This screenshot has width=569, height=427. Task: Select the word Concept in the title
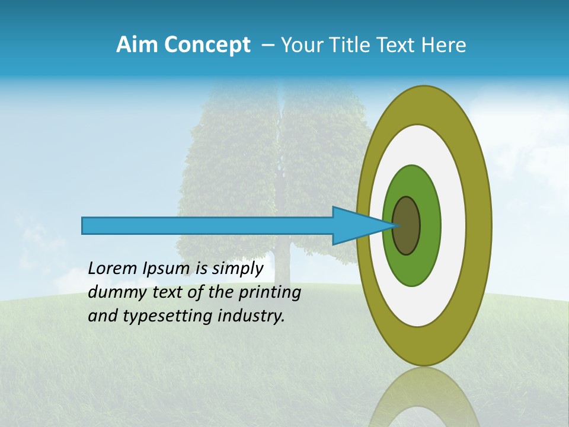207,45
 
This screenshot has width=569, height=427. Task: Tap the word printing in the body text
270,293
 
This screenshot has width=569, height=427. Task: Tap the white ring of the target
453,225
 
